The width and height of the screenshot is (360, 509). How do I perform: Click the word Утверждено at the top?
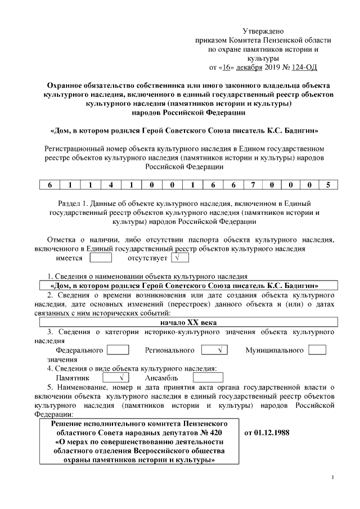coord(263,31)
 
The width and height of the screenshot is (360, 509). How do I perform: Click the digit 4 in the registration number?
coord(111,184)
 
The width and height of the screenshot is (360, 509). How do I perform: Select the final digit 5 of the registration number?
coord(328,184)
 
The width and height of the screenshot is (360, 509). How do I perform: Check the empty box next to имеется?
coord(101,258)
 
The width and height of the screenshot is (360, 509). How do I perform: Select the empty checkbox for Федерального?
coord(118,350)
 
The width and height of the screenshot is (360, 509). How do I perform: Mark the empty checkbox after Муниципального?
coord(317,350)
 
